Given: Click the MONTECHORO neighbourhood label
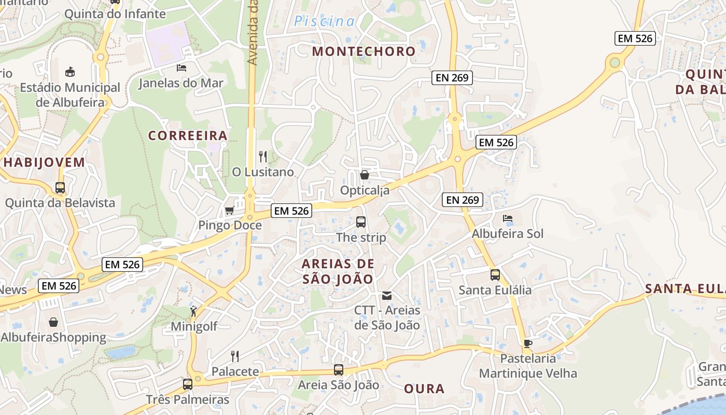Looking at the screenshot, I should point(364,51).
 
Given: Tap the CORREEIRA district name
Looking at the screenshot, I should point(188,136).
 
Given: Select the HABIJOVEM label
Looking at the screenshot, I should point(44,162).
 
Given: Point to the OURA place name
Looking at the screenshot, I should point(424,389).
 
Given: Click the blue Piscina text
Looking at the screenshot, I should point(325,21).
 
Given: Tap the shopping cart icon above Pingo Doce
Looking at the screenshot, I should point(229,210).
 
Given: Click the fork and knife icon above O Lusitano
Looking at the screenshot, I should point(263,156).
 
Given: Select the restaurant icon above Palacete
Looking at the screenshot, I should point(235,356).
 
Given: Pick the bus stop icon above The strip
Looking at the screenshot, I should point(361,222).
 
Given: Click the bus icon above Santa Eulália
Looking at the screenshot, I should point(495,275).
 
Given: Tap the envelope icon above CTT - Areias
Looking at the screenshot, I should point(387,296).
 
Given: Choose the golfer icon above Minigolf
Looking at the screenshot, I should point(193,311).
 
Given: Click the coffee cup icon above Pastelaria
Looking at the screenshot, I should point(527,343).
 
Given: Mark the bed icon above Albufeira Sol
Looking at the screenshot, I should point(508,218).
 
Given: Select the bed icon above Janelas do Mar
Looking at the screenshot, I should point(181,67).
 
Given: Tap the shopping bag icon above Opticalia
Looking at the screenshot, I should point(365,175).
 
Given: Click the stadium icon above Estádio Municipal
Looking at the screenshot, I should point(70,72).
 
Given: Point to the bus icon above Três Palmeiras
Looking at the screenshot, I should point(188,384).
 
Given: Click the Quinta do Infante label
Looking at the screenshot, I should point(115,14).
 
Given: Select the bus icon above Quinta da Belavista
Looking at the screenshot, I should point(60,187).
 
